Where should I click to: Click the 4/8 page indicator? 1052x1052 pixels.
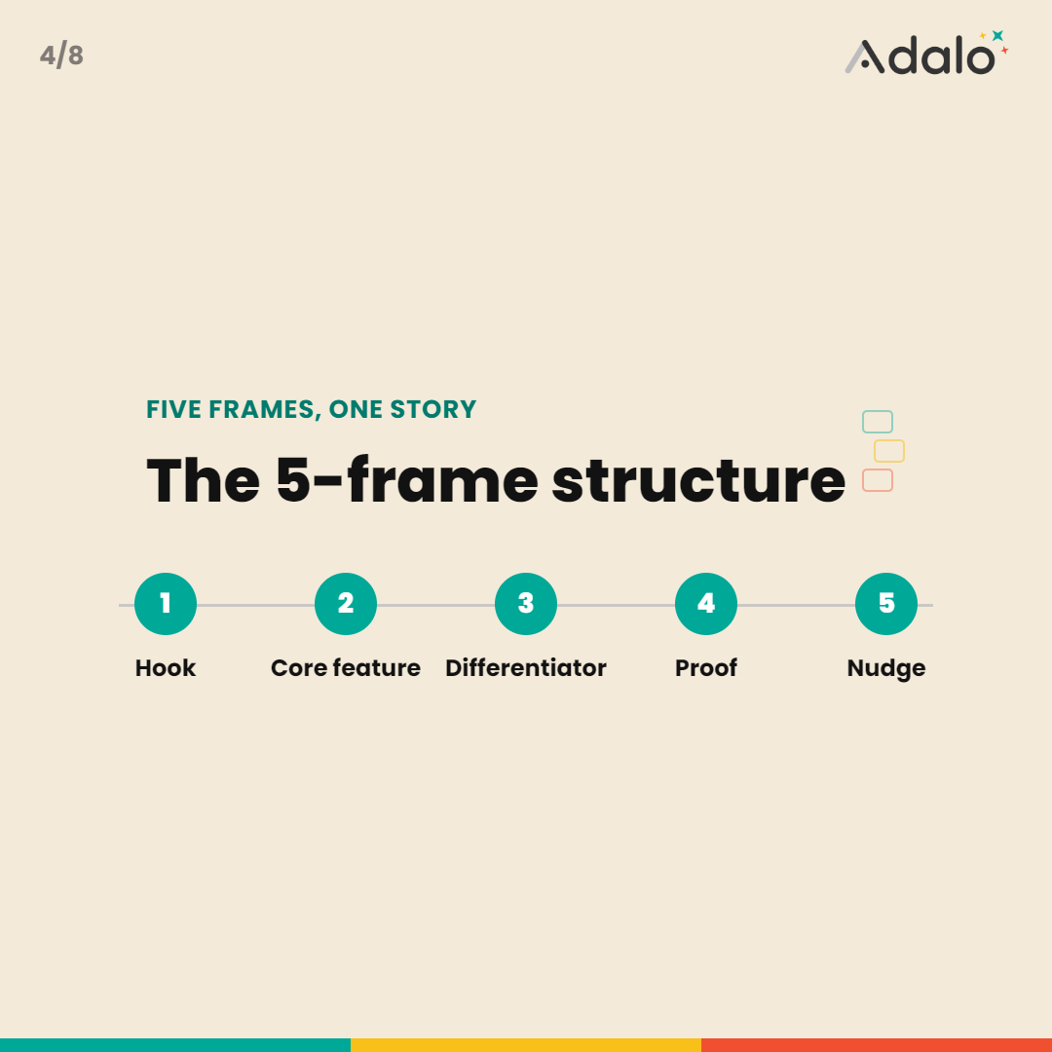(61, 56)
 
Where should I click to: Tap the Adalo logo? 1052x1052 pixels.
(926, 53)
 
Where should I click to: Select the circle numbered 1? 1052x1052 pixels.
(166, 604)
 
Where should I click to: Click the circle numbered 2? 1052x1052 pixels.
(346, 604)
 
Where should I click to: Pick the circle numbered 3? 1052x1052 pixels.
(526, 604)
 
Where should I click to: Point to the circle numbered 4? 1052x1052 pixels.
(706, 604)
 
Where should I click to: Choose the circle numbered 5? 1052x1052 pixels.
(886, 604)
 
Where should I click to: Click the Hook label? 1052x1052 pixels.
(166, 667)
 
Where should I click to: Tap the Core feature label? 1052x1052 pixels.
(346, 667)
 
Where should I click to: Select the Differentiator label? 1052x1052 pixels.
(526, 667)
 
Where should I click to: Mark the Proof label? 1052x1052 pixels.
(706, 667)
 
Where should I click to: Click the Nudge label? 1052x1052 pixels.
(886, 669)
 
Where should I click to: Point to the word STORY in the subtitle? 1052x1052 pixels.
(433, 409)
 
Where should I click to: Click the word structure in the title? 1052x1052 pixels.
(698, 480)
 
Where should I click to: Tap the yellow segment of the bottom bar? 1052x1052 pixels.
(526, 1045)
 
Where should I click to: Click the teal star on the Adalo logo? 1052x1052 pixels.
(997, 36)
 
